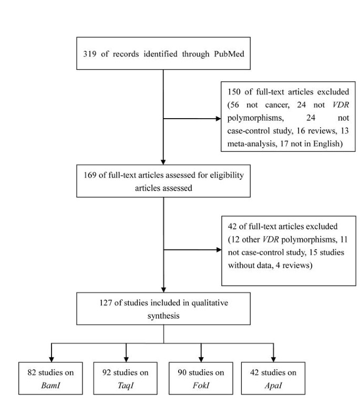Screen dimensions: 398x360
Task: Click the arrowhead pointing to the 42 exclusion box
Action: (x=220, y=250)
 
